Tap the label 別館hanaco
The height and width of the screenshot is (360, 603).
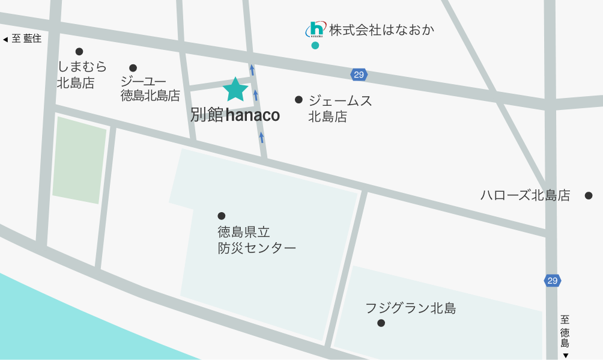point(235,115)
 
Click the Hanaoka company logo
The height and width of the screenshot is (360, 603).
point(316,29)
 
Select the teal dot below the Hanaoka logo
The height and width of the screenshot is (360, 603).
point(315,46)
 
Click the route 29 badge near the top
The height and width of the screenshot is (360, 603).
point(359,75)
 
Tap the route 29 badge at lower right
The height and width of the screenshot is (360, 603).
point(553,280)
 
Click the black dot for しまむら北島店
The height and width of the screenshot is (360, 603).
point(79,52)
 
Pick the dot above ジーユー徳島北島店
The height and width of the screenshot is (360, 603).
point(133,68)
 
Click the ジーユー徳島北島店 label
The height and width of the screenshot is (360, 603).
point(150,88)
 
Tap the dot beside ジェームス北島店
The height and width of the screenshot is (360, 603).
point(298,100)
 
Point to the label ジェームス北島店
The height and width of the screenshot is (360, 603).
point(340,109)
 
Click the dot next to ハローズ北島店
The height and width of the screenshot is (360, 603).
point(589,195)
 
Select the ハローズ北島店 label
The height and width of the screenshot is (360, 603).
point(525,195)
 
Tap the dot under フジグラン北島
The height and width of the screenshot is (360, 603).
point(381,323)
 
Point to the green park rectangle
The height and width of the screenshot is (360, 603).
point(79,159)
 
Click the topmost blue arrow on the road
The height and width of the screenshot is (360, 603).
point(252,70)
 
